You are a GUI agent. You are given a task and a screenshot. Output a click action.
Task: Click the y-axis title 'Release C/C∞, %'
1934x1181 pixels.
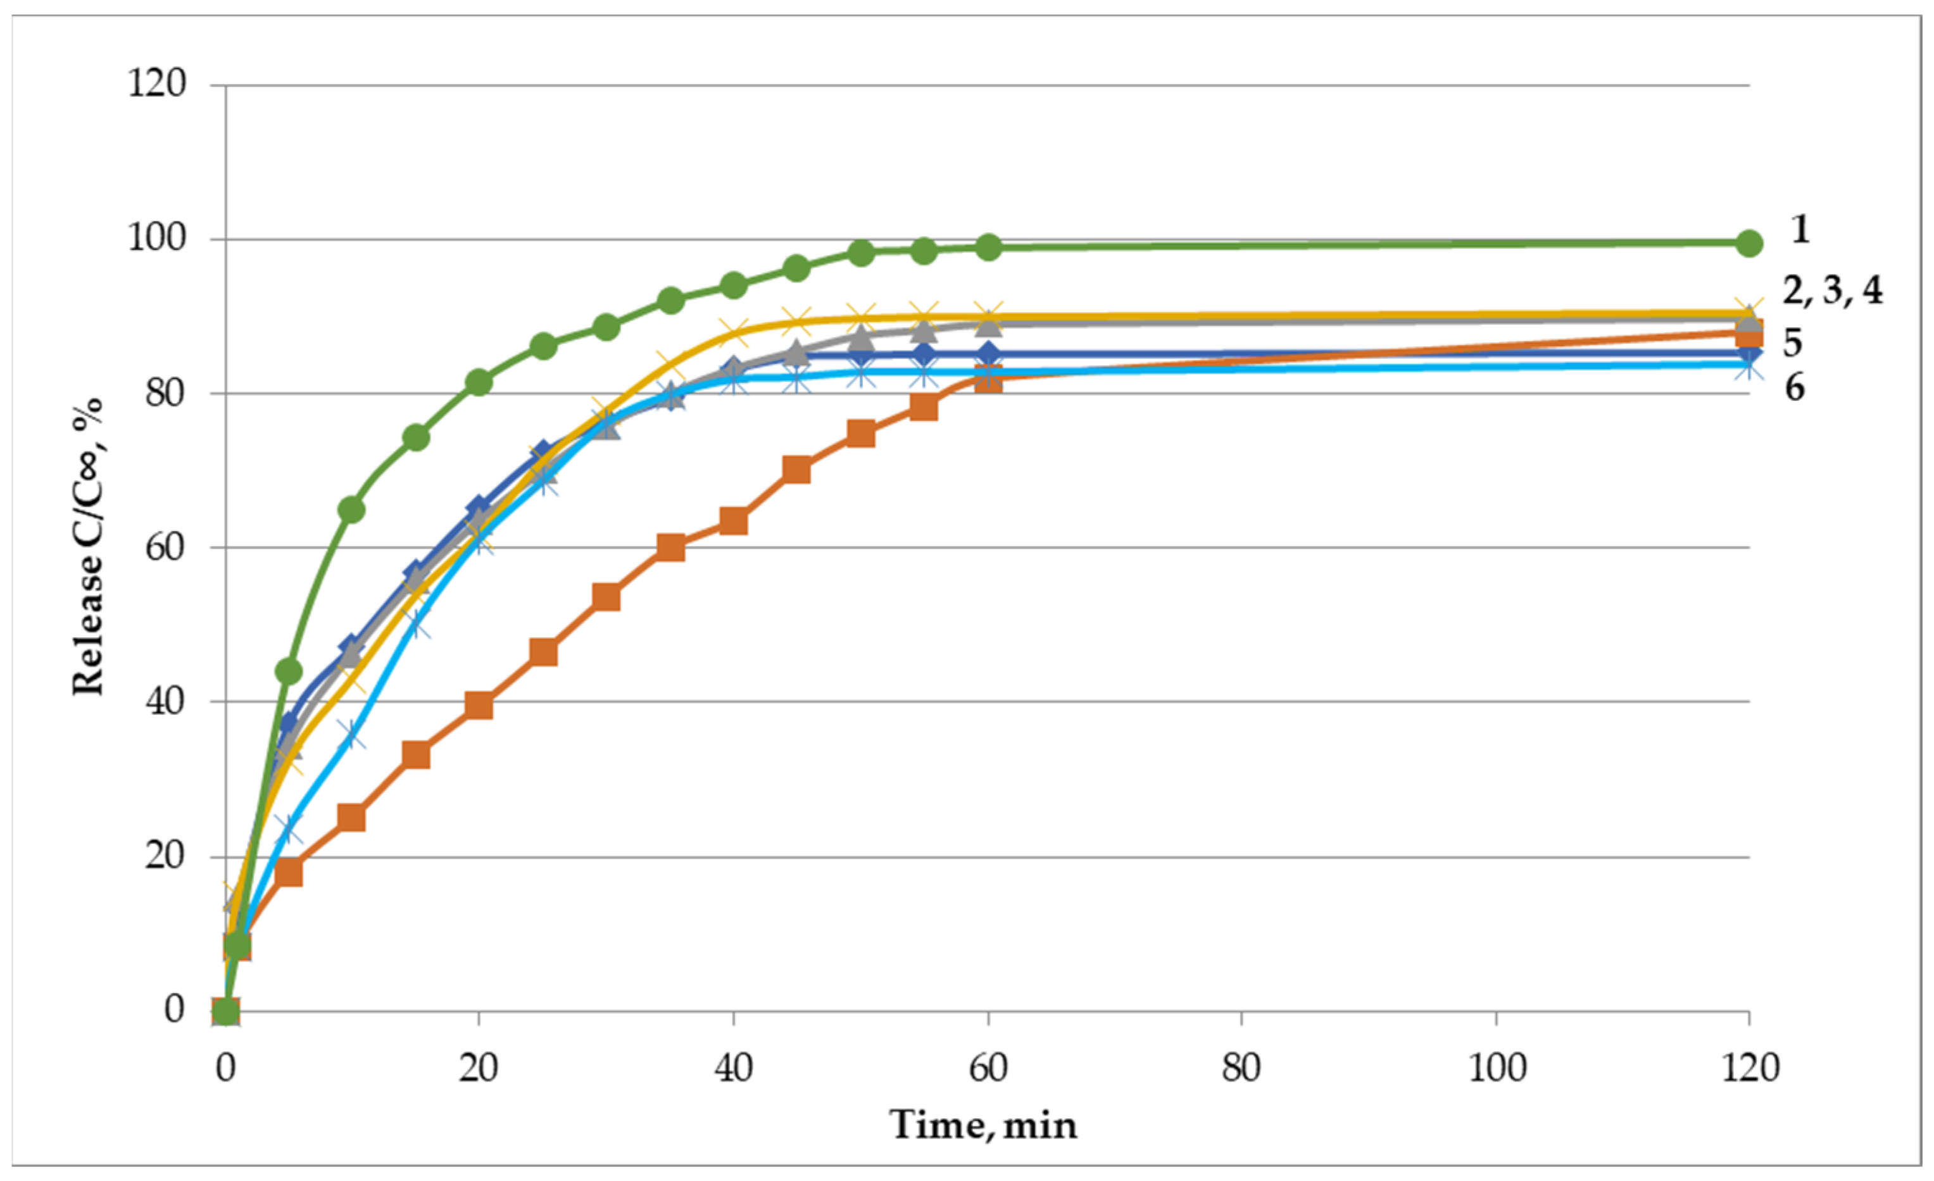click(88, 547)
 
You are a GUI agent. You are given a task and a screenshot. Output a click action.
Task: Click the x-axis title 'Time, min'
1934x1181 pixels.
click(983, 1125)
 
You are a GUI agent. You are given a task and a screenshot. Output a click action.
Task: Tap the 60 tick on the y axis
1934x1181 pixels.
click(165, 547)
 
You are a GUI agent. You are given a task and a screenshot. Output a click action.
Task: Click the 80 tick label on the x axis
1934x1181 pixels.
click(1241, 1068)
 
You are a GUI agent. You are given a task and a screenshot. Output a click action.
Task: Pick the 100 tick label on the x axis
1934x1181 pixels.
click(1497, 1068)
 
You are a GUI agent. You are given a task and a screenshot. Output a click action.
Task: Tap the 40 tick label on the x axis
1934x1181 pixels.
click(733, 1068)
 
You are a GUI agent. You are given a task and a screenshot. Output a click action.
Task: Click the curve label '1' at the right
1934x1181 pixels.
click(1800, 229)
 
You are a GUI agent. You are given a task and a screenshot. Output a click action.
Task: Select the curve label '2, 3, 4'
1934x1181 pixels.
click(1832, 291)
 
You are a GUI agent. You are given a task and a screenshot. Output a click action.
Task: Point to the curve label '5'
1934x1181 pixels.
click(1792, 343)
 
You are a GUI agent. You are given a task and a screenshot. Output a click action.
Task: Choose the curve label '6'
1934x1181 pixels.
click(1794, 387)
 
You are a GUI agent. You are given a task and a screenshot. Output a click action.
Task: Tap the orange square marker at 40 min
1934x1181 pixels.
click(733, 521)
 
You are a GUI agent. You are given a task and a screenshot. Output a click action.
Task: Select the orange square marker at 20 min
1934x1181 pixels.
click(479, 706)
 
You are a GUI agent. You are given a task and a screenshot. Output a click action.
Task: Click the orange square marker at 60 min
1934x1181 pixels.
click(988, 380)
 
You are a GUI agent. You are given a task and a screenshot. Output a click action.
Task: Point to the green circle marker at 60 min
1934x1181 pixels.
click(988, 247)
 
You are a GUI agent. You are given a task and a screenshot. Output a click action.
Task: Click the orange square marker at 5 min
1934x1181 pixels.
click(289, 872)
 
